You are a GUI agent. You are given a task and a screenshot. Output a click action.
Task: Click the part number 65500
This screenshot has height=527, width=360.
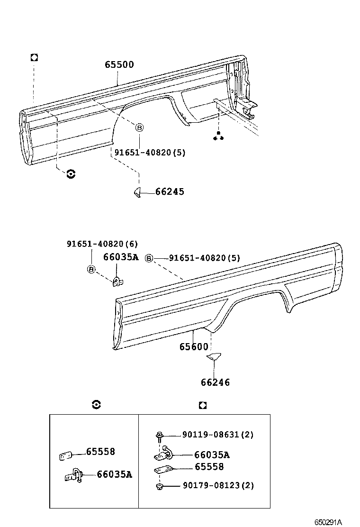pos(119,65)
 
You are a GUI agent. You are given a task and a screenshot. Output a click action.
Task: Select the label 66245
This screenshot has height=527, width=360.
pos(170,192)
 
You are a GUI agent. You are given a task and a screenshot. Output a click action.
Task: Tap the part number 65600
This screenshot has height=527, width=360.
pos(193,347)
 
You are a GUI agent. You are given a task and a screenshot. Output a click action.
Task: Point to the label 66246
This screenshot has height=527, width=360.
pos(215,382)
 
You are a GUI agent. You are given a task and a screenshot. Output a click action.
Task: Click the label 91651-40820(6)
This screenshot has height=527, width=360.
pos(102,244)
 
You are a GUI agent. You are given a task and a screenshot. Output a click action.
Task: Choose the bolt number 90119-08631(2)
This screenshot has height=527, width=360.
pos(218,435)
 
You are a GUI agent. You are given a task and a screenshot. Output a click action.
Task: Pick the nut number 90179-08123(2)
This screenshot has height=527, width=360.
pos(218,486)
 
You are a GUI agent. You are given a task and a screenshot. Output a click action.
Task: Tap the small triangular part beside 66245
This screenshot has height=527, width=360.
pos(137,192)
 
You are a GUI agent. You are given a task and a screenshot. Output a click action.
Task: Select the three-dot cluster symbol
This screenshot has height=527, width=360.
pos(218,136)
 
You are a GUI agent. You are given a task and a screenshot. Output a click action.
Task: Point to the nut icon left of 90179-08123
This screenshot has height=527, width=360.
pos(159,486)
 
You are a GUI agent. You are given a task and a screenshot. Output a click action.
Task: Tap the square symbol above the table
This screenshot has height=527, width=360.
pos(203,405)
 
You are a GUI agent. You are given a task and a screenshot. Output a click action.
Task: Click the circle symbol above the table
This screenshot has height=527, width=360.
pos(96,405)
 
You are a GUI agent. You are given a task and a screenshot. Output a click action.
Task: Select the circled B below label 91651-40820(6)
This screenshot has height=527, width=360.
pos(91,270)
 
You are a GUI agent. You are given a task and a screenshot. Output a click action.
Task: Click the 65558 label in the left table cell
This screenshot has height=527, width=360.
pos(100,452)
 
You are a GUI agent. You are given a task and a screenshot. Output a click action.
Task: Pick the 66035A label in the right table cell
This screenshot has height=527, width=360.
pos(212,455)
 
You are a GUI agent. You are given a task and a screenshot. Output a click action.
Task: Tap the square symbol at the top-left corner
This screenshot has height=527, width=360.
pos(34,57)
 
